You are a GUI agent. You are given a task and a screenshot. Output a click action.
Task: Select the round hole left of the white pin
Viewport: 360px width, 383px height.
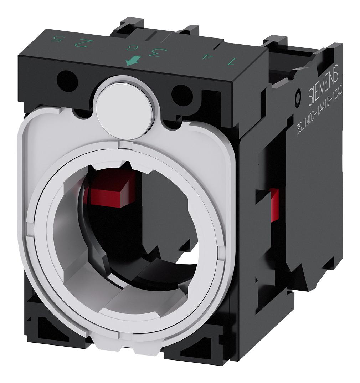(67, 81)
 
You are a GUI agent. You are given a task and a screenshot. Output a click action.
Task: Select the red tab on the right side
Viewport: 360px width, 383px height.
(274, 205)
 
